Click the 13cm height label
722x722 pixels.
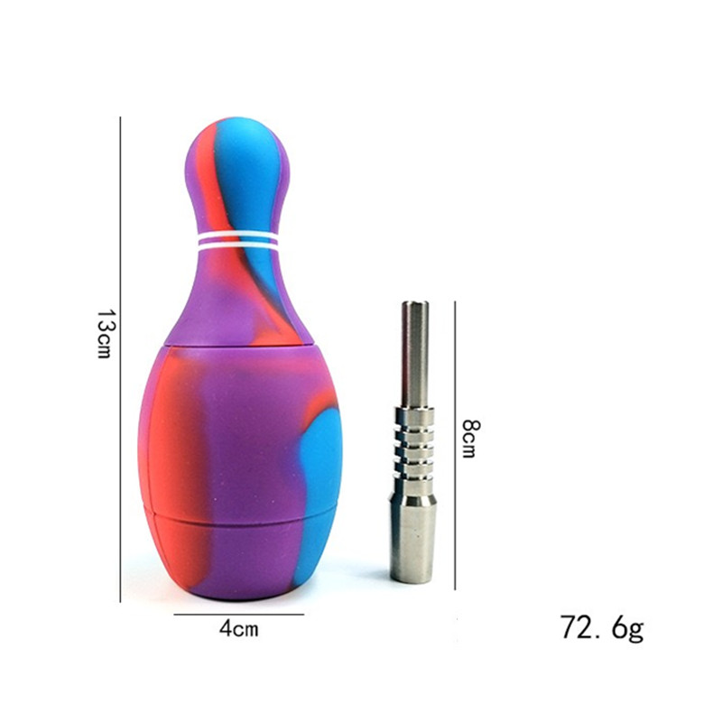(105, 333)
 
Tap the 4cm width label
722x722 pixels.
(238, 628)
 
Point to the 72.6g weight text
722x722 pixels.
(602, 627)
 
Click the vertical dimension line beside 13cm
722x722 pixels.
(120, 359)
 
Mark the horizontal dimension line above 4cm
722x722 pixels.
(238, 614)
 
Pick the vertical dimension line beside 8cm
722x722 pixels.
(455, 445)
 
